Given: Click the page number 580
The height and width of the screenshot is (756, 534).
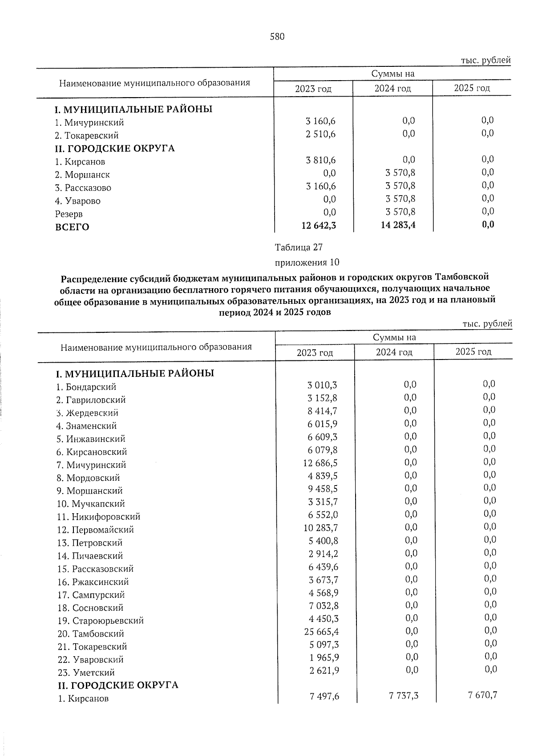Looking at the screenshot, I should pyautogui.click(x=277, y=37).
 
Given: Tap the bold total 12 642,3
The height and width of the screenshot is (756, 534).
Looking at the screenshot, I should pyautogui.click(x=319, y=225).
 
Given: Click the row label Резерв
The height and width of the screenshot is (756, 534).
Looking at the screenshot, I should pyautogui.click(x=69, y=214).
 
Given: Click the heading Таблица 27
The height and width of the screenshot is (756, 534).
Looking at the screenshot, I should pyautogui.click(x=299, y=247).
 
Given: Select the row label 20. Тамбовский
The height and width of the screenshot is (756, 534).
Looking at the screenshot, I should pyautogui.click(x=91, y=633).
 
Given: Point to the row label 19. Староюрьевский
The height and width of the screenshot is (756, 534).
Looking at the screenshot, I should pyautogui.click(x=101, y=621).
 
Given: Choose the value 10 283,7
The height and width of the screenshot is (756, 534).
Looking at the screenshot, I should pyautogui.click(x=320, y=527).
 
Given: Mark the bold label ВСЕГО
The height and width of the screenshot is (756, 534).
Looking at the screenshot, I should pyautogui.click(x=72, y=227).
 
